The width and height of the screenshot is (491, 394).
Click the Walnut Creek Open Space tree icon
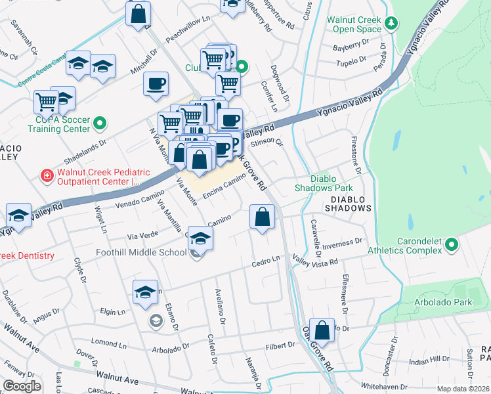point(392,24)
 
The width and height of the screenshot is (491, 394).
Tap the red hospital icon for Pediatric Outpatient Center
point(47,175)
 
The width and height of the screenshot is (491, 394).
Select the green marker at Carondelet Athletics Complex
point(451,245)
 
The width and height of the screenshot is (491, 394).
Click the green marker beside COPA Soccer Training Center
point(100,123)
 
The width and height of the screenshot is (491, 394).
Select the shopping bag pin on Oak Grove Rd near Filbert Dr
point(322,330)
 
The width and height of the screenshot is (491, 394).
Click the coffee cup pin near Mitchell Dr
point(156,84)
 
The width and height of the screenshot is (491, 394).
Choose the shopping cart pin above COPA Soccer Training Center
point(46,102)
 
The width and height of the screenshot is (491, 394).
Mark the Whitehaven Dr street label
point(384,387)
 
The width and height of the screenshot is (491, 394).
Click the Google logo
point(22,386)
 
